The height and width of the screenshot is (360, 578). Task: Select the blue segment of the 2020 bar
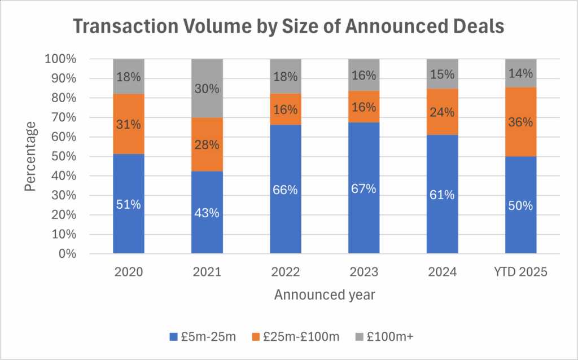coord(129,226)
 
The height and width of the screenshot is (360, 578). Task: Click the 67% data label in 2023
coord(364,188)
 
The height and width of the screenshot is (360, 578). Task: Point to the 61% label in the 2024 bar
coord(442,195)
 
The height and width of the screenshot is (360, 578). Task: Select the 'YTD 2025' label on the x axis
coord(520,271)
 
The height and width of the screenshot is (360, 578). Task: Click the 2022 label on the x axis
coord(285,271)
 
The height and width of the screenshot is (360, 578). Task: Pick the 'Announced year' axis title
coord(325,295)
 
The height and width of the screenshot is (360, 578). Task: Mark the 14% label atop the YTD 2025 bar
coord(520,73)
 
